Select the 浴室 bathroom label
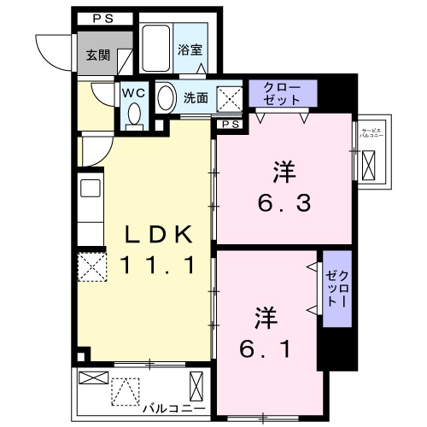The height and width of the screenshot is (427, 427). pyautogui.click(x=190, y=50)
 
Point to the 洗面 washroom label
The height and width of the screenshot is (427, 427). pyautogui.click(x=196, y=97)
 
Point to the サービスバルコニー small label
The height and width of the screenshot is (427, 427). pyautogui.click(x=370, y=132)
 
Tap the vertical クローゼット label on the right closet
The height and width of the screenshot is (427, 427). pyautogui.click(x=333, y=289)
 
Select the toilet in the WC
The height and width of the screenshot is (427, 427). pyautogui.click(x=134, y=116)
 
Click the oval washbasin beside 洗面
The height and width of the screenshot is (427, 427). pyautogui.click(x=166, y=97)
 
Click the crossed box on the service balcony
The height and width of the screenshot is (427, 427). pyautogui.click(x=371, y=161)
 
